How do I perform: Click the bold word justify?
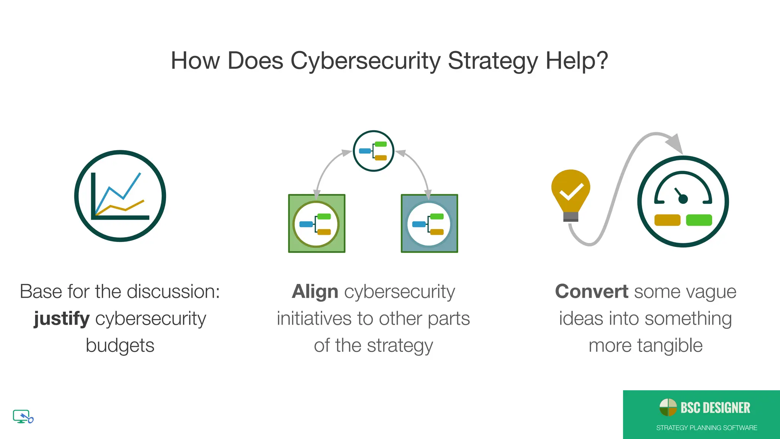(x=62, y=319)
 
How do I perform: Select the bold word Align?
(x=315, y=292)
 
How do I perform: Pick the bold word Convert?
(x=591, y=292)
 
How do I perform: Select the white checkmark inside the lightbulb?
(x=571, y=192)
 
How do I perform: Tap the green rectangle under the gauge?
(x=699, y=220)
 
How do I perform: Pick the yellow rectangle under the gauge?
(x=667, y=220)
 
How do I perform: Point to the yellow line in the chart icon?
(x=126, y=208)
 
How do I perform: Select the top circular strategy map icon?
(x=373, y=151)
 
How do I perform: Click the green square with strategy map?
(x=316, y=224)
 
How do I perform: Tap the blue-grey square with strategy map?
(x=429, y=224)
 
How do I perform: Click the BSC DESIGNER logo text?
(x=715, y=408)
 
